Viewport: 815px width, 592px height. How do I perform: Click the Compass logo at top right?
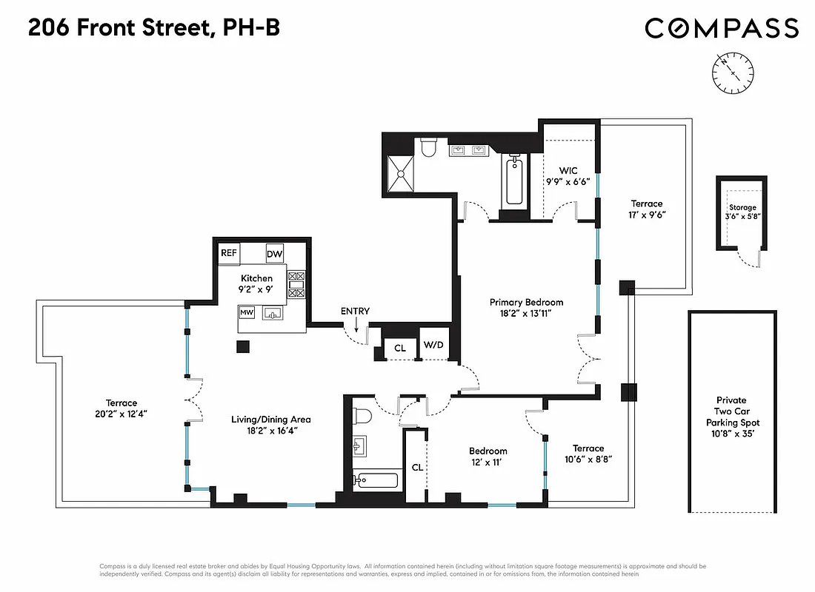coord(721,29)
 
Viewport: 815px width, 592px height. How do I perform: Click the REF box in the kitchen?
coord(229,253)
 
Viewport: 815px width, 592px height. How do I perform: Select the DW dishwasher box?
coord(275,254)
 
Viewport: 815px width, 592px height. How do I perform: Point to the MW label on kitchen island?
coord(247,313)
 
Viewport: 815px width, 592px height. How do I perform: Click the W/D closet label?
coord(432,346)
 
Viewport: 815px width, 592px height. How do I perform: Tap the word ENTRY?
coord(355,311)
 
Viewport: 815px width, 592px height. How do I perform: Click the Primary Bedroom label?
coord(526,302)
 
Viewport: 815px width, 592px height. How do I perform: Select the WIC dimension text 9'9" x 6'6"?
coord(568,182)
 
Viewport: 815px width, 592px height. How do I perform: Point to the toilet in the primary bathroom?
coord(428,149)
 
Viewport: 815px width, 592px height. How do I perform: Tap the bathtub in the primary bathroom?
coord(515,181)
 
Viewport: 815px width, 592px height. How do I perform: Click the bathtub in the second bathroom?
coord(375,481)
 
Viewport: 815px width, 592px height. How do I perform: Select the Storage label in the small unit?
coord(742,207)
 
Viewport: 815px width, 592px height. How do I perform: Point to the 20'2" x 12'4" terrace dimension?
coord(121,414)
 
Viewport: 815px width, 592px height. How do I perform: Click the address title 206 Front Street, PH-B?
coord(154,28)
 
